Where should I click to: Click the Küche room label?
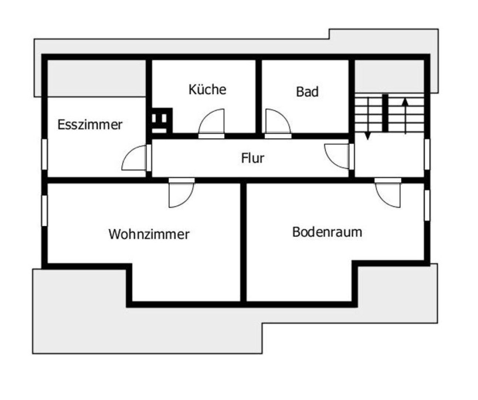coord(208,89)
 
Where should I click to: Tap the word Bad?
coord(307,92)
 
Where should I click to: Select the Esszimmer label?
coord(90,125)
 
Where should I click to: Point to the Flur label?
coord(253,158)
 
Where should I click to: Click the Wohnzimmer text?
coord(149,234)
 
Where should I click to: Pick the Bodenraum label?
coord(327,232)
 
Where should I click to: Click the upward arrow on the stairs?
coord(405,116)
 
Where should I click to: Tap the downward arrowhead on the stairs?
coord(367,136)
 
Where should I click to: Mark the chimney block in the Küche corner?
coord(162,121)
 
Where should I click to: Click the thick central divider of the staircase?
coord(385,113)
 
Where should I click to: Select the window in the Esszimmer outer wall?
coord(44,154)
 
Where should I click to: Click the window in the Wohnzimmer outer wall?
coord(44,211)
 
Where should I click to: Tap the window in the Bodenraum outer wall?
coord(427,206)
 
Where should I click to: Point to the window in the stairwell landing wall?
coord(427,154)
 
